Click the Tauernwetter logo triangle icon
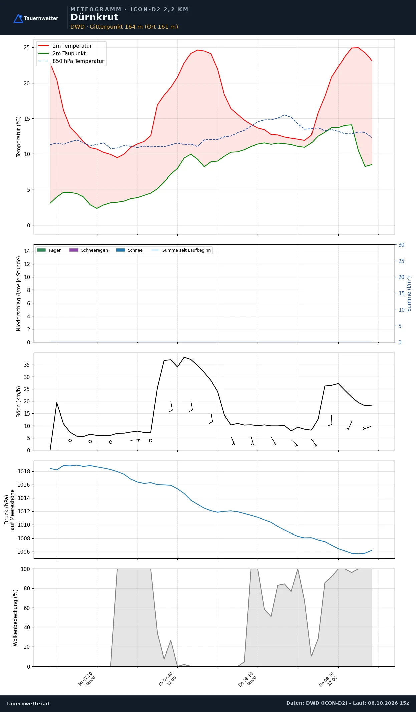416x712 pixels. (x=18, y=19)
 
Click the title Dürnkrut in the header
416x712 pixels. (x=94, y=17)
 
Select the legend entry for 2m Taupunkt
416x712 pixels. (x=62, y=53)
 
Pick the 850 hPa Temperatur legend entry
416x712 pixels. (x=71, y=61)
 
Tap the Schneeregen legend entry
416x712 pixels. (x=88, y=250)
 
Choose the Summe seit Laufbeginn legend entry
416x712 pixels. (x=181, y=250)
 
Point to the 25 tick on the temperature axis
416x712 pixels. (x=27, y=47)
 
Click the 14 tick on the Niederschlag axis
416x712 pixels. (x=27, y=251)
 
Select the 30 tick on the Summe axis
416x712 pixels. (x=401, y=245)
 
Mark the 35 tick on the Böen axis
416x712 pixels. (x=27, y=365)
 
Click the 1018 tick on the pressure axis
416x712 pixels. (x=24, y=471)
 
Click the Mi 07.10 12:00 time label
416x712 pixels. (x=167, y=679)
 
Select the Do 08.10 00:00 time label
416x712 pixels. (x=248, y=679)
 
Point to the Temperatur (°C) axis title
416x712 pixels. (x=19, y=137)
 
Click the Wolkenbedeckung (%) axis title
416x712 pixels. (x=15, y=618)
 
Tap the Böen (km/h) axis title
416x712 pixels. (x=19, y=401)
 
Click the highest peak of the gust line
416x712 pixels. (x=184, y=357)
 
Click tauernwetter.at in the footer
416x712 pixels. (x=28, y=703)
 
